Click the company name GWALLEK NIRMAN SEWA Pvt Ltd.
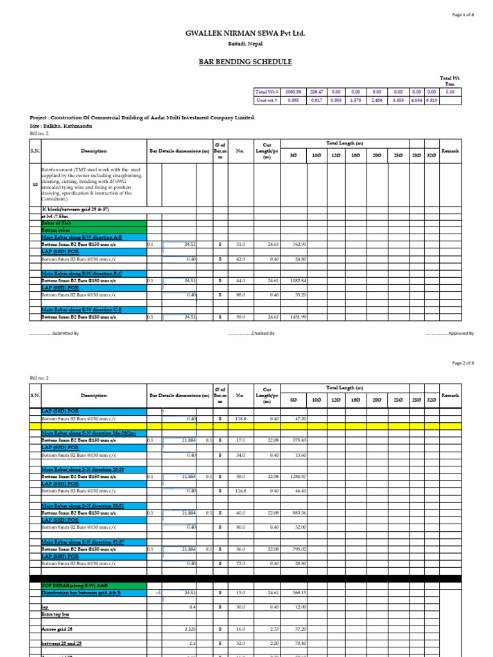246,33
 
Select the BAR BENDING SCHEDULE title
246,62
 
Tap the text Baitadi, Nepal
246,44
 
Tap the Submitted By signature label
55,334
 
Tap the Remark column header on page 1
450,151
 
